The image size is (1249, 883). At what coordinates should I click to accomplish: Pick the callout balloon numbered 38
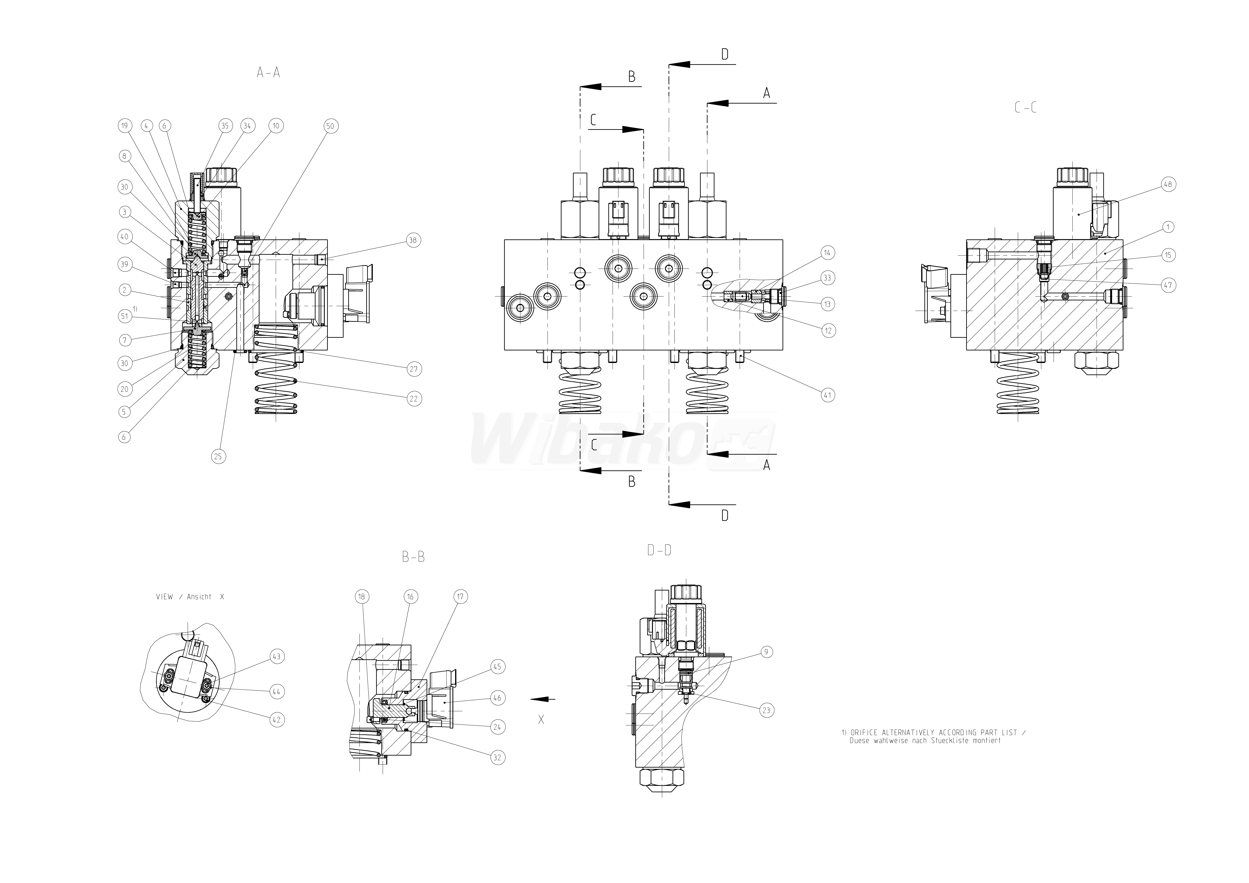tap(414, 240)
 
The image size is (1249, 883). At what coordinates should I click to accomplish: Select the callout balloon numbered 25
tap(218, 457)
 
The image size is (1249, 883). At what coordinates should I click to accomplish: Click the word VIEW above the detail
tap(164, 597)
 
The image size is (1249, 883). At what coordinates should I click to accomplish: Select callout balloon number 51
tap(125, 316)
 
